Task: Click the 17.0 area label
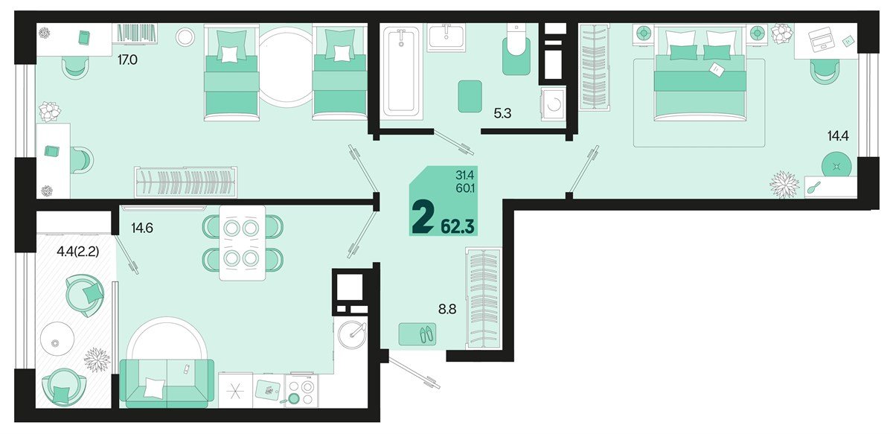coord(127,60)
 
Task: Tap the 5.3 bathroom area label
coord(502,114)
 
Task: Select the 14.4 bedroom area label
coord(838,136)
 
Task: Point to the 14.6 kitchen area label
coord(142,229)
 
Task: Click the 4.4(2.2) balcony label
coord(77,252)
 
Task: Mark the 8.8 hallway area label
coord(447,309)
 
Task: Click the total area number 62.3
coord(457,226)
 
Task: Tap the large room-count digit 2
coord(423,219)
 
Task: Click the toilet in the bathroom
coord(516,50)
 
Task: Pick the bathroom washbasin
coord(446,37)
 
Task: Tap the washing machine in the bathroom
coord(553,104)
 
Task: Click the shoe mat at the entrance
coord(417,334)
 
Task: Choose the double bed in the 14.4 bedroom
coord(700,72)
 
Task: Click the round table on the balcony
coord(57,339)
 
